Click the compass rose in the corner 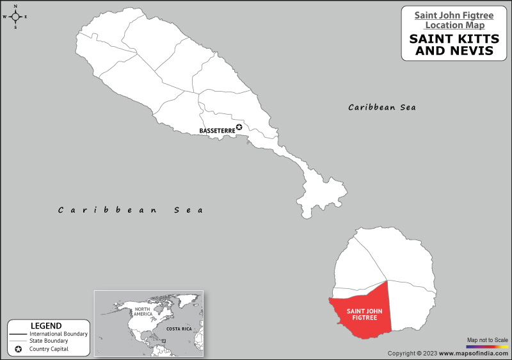pyautogui.click(x=15, y=17)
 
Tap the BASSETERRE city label pyautogui.click(x=218, y=131)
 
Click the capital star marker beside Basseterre pyautogui.click(x=239, y=127)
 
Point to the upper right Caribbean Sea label pyautogui.click(x=382, y=108)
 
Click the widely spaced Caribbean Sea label pyautogui.click(x=131, y=210)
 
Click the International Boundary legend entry pyautogui.click(x=58, y=334)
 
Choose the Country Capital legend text pyautogui.click(x=49, y=349)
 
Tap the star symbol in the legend pyautogui.click(x=19, y=349)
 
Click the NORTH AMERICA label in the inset pyautogui.click(x=143, y=312)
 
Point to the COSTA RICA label pyautogui.click(x=179, y=328)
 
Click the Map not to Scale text pyautogui.click(x=487, y=340)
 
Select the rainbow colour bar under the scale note pyautogui.click(x=487, y=347)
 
